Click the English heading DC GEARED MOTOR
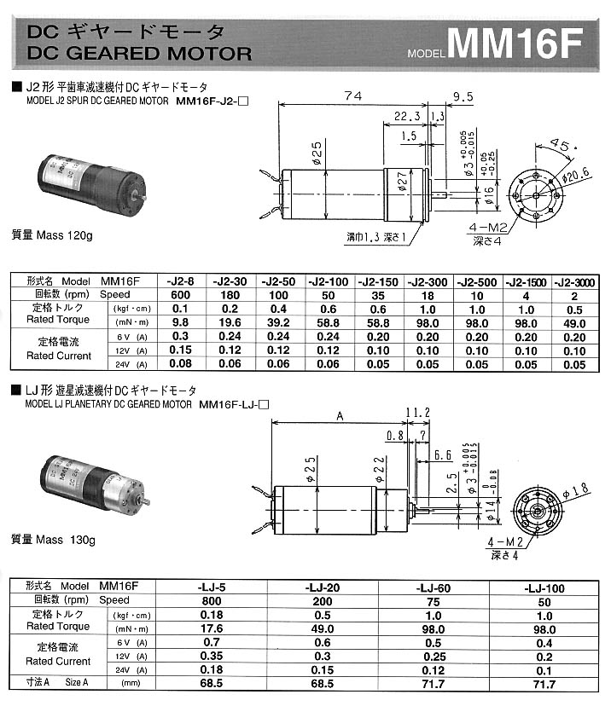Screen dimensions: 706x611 pos(140,53)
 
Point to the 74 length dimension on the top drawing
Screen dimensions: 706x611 pos(351,96)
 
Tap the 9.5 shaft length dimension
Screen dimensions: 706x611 pos(463,96)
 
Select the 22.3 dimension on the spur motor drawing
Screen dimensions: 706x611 pos(408,116)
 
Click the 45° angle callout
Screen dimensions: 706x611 pos(559,144)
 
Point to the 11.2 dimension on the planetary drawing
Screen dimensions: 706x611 pos(417,413)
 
